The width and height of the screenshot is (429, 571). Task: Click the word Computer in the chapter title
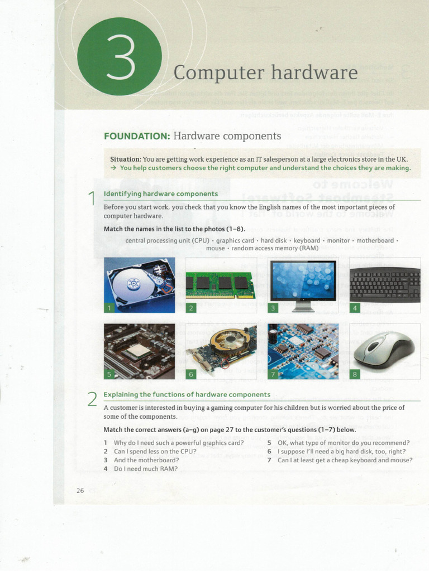pos(218,72)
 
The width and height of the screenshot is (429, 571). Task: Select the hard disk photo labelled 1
pos(139,284)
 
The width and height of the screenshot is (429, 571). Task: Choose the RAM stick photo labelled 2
pos(221,284)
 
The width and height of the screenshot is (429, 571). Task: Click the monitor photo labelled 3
pos(303,284)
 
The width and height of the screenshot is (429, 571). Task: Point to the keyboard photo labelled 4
pos(385,284)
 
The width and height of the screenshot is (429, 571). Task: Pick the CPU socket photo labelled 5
pos(139,351)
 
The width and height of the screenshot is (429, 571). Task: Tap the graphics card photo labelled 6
pos(221,351)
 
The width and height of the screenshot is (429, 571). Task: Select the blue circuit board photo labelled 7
pos(303,351)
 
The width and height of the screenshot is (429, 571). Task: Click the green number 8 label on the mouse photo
pos(354,374)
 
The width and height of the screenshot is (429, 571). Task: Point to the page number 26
pos(80,491)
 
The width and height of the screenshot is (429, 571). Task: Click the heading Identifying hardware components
pos(161,194)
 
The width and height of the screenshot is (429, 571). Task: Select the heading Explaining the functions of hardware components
pos(187,394)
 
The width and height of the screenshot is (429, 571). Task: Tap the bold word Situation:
pos(125,159)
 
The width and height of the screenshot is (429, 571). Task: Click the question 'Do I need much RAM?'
pos(145,469)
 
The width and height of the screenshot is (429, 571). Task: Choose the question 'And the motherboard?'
pos(146,460)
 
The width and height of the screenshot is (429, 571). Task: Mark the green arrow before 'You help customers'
pos(113,168)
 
